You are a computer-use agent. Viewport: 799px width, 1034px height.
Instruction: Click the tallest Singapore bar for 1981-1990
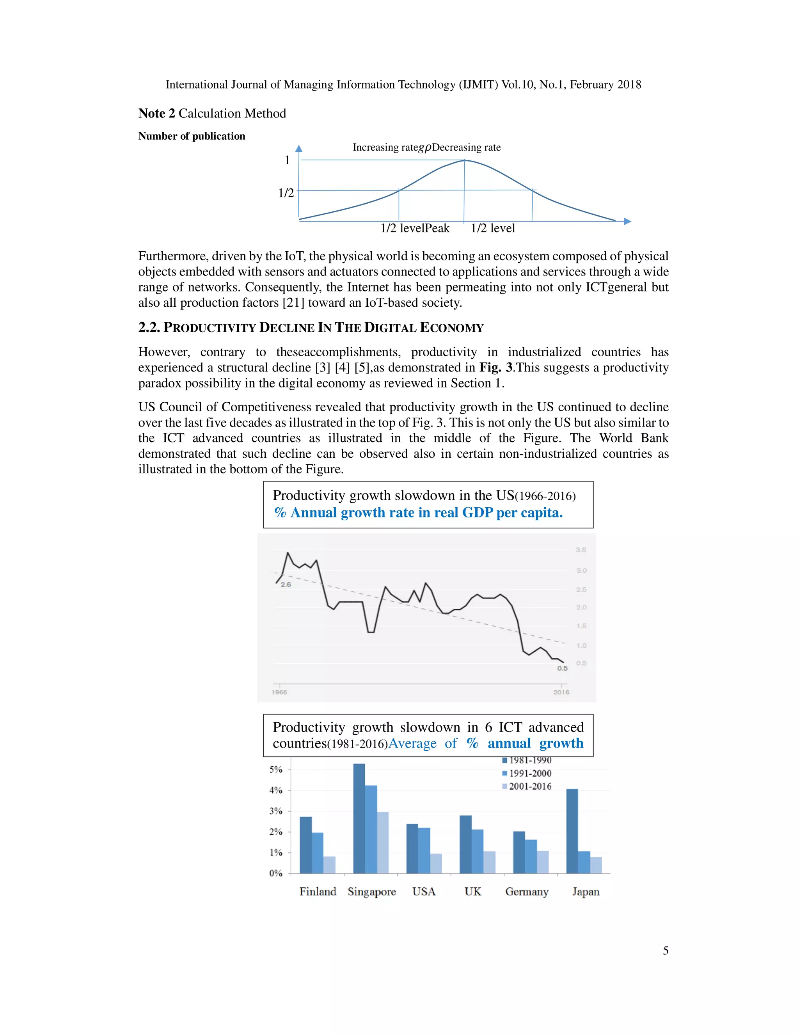359,819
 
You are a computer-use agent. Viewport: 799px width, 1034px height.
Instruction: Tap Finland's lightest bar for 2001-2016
329,865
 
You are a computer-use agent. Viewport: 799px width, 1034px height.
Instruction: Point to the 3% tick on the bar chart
276,811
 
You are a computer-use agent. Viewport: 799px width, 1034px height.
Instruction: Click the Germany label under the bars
526,892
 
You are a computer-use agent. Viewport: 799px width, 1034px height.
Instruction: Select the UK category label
472,892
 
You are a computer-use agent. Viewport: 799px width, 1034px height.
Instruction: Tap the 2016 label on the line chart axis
561,692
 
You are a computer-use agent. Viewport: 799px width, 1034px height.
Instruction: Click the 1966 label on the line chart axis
279,692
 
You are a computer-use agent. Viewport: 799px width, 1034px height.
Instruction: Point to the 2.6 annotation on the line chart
286,584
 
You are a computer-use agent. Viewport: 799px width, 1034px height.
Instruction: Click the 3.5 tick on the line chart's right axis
581,550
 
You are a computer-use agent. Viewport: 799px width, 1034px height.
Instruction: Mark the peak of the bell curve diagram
464,160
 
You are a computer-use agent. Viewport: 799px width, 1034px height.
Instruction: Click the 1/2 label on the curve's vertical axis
286,193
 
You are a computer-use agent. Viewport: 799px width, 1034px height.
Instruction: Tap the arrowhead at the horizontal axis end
627,221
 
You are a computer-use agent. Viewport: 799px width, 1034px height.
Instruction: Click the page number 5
666,950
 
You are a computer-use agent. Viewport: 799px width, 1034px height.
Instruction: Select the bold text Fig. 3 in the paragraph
495,368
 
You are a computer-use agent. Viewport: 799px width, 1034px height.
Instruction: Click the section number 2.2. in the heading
149,328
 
